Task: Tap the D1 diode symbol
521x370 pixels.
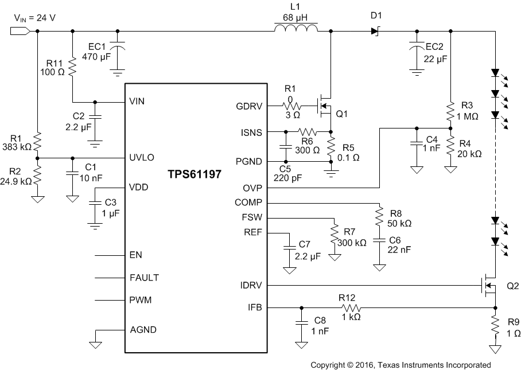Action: click(376, 31)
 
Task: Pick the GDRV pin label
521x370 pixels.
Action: click(249, 106)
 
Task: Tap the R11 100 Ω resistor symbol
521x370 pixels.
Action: click(72, 67)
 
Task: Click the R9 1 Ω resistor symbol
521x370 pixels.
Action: click(493, 327)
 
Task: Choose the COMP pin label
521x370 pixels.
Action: click(248, 202)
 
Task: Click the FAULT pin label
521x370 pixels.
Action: click(145, 278)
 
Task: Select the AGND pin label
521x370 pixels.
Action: click(143, 330)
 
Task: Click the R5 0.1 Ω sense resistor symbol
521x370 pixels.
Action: click(331, 145)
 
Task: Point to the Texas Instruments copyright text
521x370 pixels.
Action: click(401, 364)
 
